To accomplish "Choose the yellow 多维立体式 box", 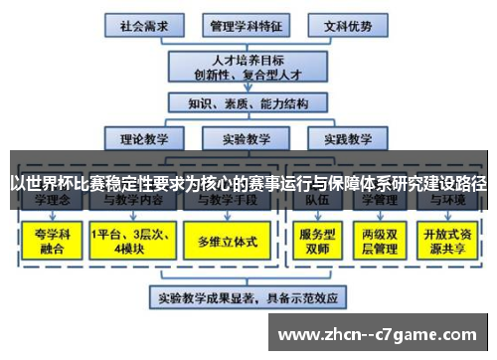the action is click(228, 241).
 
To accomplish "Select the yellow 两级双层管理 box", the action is click(379, 240).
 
